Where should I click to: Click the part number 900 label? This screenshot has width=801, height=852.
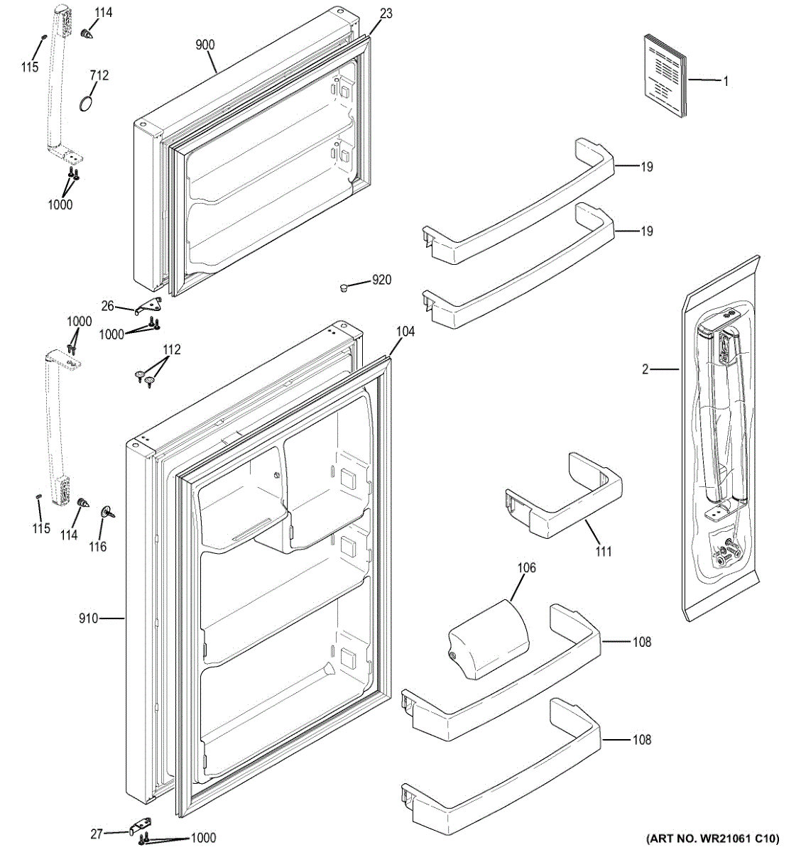click(205, 45)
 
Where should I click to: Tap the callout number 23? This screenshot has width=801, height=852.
click(386, 13)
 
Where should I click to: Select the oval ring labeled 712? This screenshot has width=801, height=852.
click(86, 103)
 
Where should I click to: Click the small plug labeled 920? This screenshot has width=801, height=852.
click(344, 288)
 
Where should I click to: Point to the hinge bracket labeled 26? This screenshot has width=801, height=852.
click(151, 305)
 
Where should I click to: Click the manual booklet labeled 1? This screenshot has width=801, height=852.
click(665, 77)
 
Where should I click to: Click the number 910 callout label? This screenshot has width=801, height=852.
click(89, 618)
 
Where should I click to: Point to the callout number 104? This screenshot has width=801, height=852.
click(405, 332)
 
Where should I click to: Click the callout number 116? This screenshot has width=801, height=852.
click(97, 547)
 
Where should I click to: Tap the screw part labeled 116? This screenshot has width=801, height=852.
click(107, 512)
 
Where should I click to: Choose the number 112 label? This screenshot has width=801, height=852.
click(171, 349)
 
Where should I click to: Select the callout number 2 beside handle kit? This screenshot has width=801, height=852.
click(645, 369)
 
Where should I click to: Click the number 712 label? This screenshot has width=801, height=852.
click(99, 75)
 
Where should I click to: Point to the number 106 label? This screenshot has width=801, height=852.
click(526, 567)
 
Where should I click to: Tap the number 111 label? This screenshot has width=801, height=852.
click(603, 551)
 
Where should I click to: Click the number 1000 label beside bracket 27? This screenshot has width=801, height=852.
click(203, 837)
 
